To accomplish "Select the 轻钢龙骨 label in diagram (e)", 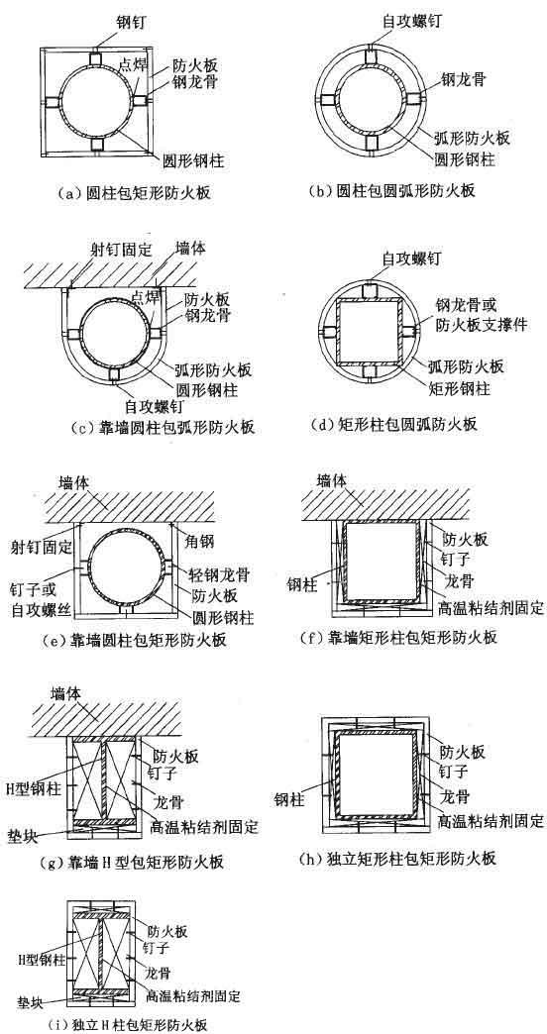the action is [220, 575].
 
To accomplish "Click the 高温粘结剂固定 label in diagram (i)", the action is [191, 995].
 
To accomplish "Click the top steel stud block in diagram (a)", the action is [97, 59].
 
